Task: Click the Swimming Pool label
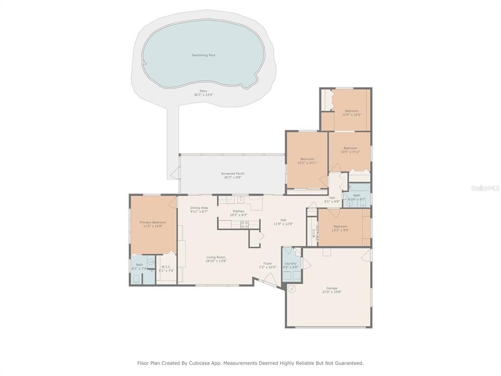(203, 55)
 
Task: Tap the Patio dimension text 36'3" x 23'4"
(203, 94)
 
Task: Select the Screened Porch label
(232, 174)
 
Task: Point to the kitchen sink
(240, 199)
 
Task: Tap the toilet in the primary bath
(136, 280)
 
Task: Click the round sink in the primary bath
(151, 262)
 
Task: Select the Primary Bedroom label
(153, 222)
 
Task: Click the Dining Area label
(199, 208)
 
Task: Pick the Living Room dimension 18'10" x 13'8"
(215, 261)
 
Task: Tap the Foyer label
(268, 263)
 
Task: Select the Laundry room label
(290, 263)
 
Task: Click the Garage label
(332, 288)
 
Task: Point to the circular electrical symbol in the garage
(292, 289)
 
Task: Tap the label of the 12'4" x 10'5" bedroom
(351, 111)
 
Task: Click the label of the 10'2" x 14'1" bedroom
(307, 159)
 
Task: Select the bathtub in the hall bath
(359, 187)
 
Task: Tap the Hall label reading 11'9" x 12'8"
(283, 220)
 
